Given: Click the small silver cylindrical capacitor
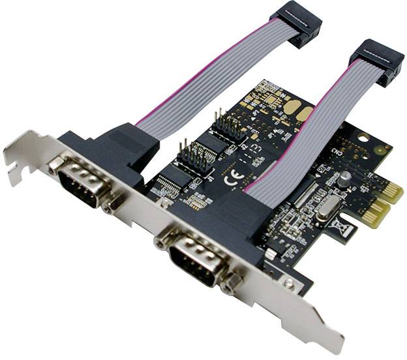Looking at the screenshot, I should (344, 178).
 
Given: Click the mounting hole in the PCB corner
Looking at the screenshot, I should (363, 138).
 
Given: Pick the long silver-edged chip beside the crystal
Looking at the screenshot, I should (306, 196).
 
